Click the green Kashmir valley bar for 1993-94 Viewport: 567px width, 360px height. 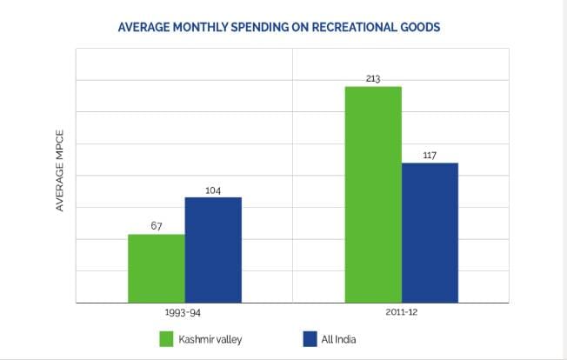pyautogui.click(x=156, y=268)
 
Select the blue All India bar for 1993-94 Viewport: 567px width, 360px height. pyautogui.click(x=213, y=250)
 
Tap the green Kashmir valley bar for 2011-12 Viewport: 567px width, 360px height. pyautogui.click(x=373, y=194)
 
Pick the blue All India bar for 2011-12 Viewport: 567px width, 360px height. pyautogui.click(x=430, y=232)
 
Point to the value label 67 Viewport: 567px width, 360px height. pyautogui.click(x=157, y=226)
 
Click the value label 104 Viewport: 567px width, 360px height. pyautogui.click(x=213, y=189)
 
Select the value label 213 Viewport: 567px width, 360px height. pyautogui.click(x=373, y=78)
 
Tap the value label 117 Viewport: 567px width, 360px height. pyautogui.click(x=430, y=155)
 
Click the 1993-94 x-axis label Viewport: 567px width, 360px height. pyautogui.click(x=183, y=311)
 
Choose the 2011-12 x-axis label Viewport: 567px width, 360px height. pyautogui.click(x=401, y=311)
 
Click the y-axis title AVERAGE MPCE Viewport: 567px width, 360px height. pyautogui.click(x=60, y=170)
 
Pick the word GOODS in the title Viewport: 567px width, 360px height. pyautogui.click(x=420, y=27)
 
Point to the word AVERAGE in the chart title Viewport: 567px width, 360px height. pyautogui.click(x=140, y=27)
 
